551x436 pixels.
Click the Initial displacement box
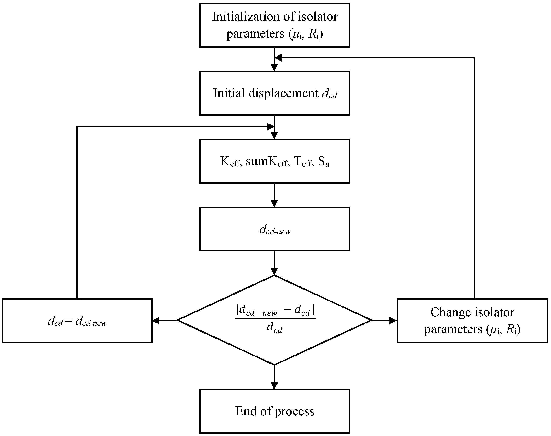pos(274,93)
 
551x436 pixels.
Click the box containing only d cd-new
pos(274,229)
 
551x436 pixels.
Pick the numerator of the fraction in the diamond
pos(275,311)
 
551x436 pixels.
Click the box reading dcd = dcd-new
pos(77,321)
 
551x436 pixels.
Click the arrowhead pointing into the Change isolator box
pos(393,321)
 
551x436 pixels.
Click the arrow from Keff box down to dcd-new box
pos(274,195)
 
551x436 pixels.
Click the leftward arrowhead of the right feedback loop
pos(278,58)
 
